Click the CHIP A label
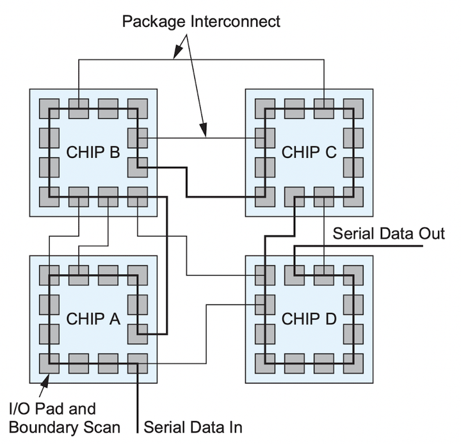93,319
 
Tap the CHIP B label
93,152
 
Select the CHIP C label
309,152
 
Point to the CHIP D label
309,319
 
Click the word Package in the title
154,22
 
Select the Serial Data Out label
389,234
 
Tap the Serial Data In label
193,427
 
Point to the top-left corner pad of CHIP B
49,109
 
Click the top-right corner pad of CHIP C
353,109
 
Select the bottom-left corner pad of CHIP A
49,363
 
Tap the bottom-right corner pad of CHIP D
353,363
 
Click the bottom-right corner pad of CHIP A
138,363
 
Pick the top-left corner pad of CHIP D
265,275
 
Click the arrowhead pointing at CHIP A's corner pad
45,381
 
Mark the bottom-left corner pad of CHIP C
265,197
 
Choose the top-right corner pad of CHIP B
138,109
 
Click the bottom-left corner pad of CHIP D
265,363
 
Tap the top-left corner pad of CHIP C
265,109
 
